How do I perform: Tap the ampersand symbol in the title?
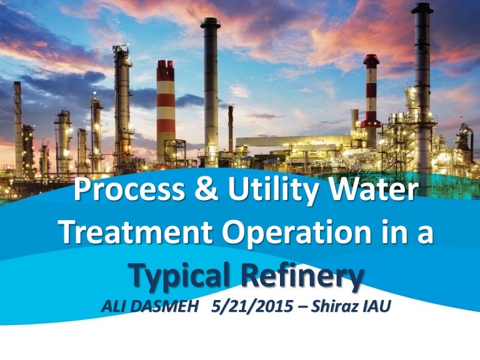pyautogui.click(x=206, y=189)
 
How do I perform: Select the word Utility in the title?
pyautogui.click(x=273, y=190)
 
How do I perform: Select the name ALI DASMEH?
pyautogui.click(x=150, y=306)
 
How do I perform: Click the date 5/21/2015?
pyautogui.click(x=252, y=306)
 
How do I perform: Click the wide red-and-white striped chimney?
pyautogui.click(x=166, y=112)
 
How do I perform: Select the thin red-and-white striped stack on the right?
pyautogui.click(x=371, y=101)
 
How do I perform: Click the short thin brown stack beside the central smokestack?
pyautogui.click(x=231, y=129)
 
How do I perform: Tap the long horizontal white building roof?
pyautogui.click(x=294, y=141)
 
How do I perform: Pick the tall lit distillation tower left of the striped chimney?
pyautogui.click(x=122, y=107)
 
